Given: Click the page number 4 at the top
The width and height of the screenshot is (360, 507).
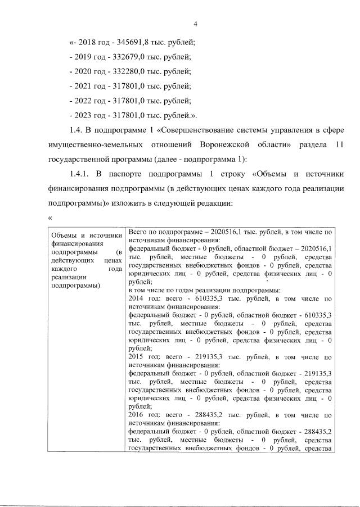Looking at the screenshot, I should pyautogui.click(x=195, y=24).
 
